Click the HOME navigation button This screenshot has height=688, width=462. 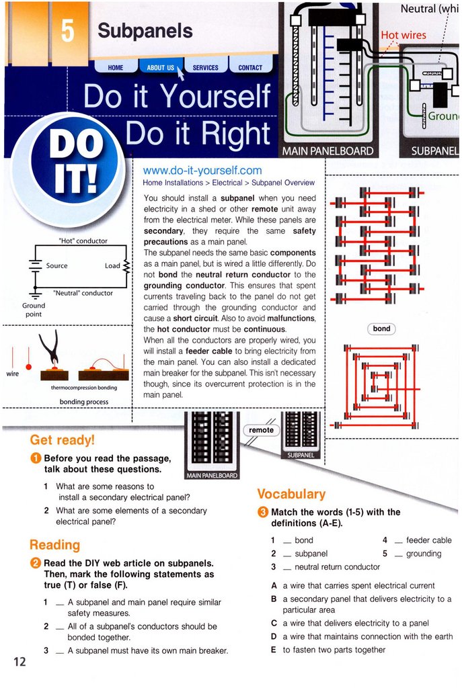(116, 67)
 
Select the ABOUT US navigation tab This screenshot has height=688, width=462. (160, 67)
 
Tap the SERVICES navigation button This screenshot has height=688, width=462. (205, 67)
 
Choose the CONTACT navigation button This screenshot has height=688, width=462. (250, 67)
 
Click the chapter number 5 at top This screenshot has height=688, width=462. (69, 32)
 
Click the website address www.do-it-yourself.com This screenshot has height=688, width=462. (202, 171)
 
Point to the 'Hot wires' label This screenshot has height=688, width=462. (403, 35)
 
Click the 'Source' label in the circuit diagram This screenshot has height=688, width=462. (56, 265)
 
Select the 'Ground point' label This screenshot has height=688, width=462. (33, 310)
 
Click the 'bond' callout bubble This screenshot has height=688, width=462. (381, 329)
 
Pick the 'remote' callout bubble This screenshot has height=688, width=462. (261, 430)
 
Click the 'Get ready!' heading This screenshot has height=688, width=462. (63, 440)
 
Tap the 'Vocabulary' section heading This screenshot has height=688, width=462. (291, 494)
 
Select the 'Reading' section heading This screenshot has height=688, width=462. (54, 545)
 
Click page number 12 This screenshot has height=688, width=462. (19, 662)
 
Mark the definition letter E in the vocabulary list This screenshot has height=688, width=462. (273, 650)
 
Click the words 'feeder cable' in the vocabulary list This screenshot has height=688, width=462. (428, 540)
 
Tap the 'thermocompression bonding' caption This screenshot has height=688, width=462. (84, 388)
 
